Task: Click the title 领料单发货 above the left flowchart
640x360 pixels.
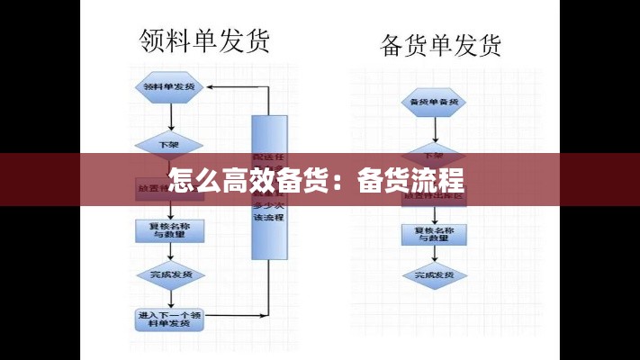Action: tap(204, 40)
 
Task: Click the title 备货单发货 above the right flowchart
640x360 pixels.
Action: tap(441, 45)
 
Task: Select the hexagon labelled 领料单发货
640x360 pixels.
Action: tap(169, 87)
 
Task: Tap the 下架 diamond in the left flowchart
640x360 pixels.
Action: tap(169, 144)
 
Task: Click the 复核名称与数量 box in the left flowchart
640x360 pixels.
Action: tap(170, 230)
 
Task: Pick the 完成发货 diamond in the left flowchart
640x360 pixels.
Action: tap(170, 274)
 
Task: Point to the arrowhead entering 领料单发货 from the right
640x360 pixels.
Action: tap(212, 87)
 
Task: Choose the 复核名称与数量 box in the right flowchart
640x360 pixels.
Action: tap(435, 234)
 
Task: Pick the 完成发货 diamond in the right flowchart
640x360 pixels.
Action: tap(435, 274)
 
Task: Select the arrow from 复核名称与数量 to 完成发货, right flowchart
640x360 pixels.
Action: tap(435, 255)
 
